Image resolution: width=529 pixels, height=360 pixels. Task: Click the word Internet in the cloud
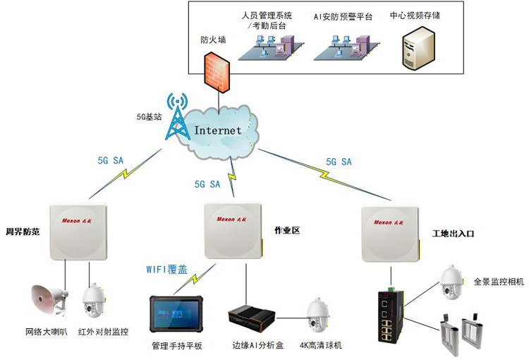click(218, 131)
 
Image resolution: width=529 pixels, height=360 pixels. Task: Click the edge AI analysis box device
click(250, 318)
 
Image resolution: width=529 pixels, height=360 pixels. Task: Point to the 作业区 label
click(286, 230)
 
